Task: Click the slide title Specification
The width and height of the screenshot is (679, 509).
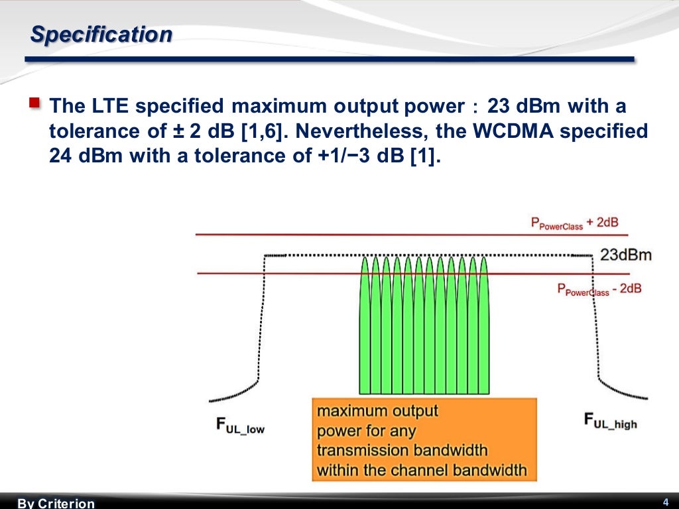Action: point(101,34)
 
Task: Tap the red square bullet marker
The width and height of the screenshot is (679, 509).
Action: point(34,103)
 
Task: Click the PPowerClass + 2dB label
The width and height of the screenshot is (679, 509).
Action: point(574,223)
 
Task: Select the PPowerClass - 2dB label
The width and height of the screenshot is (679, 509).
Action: point(598,289)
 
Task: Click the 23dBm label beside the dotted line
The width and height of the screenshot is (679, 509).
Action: point(626,255)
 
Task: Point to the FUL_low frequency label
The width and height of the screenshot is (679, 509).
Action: point(240,425)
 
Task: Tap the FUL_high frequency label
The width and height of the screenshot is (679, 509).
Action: point(610,421)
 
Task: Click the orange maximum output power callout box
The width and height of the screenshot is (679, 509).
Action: point(424,440)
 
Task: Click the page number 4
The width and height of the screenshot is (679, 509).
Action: point(665,501)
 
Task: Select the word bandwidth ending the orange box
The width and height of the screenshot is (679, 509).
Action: point(489,471)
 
